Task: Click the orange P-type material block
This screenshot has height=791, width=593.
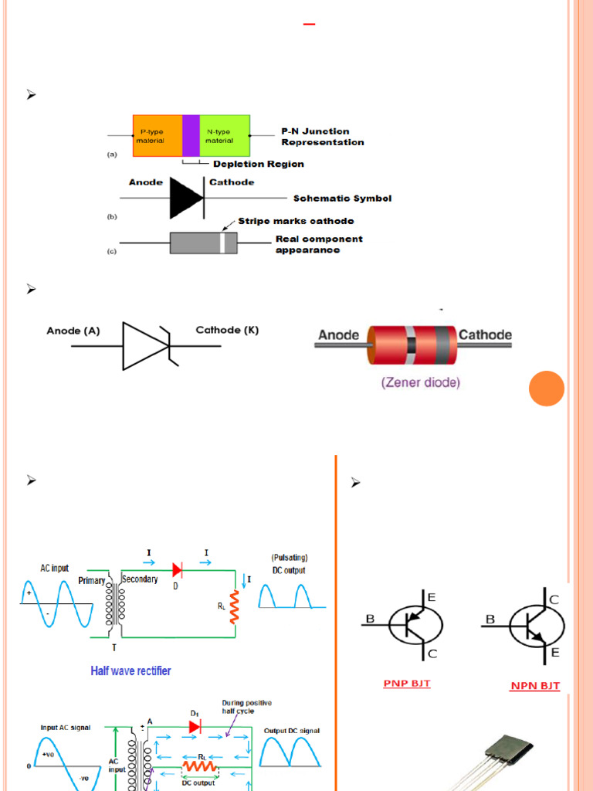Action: [158, 136]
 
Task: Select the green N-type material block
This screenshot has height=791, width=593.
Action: [225, 136]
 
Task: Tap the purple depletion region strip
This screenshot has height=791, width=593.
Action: [191, 136]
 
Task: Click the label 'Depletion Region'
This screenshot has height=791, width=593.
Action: [258, 164]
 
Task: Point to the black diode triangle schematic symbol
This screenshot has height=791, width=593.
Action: [186, 198]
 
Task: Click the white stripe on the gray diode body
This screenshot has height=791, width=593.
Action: [222, 243]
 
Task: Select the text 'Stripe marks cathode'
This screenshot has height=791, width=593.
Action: [296, 221]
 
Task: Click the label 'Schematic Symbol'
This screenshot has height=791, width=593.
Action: [342, 199]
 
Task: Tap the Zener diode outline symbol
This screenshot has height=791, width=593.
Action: [147, 346]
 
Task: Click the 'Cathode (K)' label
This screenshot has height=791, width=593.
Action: [227, 331]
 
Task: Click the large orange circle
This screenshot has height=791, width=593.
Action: [547, 389]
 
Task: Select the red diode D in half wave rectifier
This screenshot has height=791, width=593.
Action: [177, 570]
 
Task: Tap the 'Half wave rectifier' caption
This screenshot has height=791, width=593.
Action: [131, 670]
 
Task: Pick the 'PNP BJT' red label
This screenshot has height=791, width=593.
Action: [407, 683]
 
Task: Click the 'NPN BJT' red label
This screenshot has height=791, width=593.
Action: [535, 685]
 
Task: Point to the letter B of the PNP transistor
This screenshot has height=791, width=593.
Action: [369, 619]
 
